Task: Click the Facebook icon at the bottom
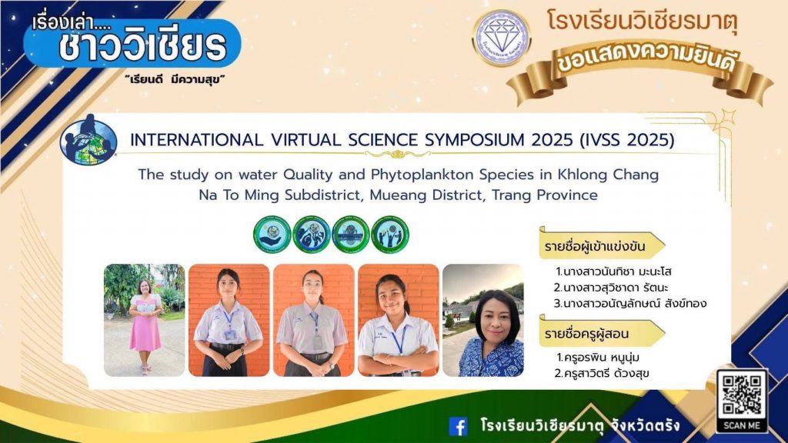[x=458, y=426]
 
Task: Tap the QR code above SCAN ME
[x=742, y=395]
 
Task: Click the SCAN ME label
[x=742, y=425]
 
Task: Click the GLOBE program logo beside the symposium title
[x=88, y=140]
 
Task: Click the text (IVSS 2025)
[x=626, y=140]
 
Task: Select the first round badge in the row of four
[x=272, y=235]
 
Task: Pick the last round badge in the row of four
[x=390, y=235]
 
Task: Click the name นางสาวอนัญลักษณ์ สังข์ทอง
[x=630, y=303]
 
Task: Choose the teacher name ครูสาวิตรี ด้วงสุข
[x=602, y=374]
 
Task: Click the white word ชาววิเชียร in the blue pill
[x=142, y=47]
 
